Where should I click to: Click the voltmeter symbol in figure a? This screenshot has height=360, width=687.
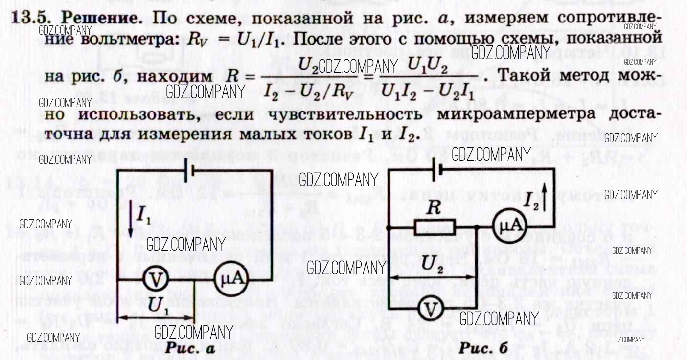156,280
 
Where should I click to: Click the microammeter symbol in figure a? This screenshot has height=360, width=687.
229,280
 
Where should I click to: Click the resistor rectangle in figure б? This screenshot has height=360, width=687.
435,227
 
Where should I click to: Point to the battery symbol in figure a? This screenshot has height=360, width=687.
188,170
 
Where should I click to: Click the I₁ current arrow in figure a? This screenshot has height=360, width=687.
131,223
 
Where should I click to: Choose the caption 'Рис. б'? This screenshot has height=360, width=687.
483,348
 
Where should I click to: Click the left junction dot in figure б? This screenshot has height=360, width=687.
388,228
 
